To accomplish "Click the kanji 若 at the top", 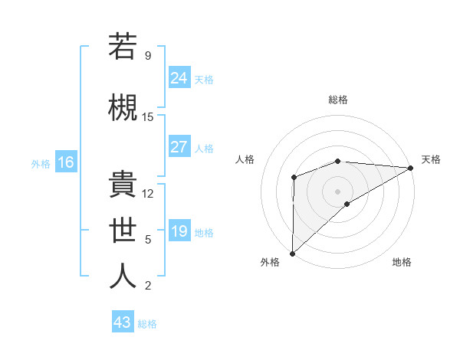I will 122,47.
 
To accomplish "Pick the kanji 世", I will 122,229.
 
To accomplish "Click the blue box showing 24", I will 179,77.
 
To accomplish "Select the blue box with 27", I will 179,147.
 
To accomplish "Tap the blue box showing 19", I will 179,231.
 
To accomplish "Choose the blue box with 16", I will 66,162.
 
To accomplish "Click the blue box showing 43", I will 123,322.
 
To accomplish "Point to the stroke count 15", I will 148,116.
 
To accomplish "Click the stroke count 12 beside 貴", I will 148,194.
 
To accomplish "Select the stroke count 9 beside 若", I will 148,55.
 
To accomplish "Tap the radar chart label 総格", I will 338,100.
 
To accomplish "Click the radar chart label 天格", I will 431,159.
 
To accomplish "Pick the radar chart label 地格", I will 402,262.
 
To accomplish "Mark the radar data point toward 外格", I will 292,253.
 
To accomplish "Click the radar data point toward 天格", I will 410,168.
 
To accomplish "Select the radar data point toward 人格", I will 294,178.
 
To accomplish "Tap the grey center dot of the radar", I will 337,191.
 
